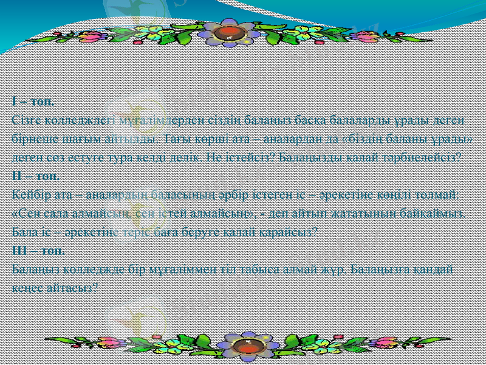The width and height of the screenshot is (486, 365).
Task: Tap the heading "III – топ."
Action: point(39,251)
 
